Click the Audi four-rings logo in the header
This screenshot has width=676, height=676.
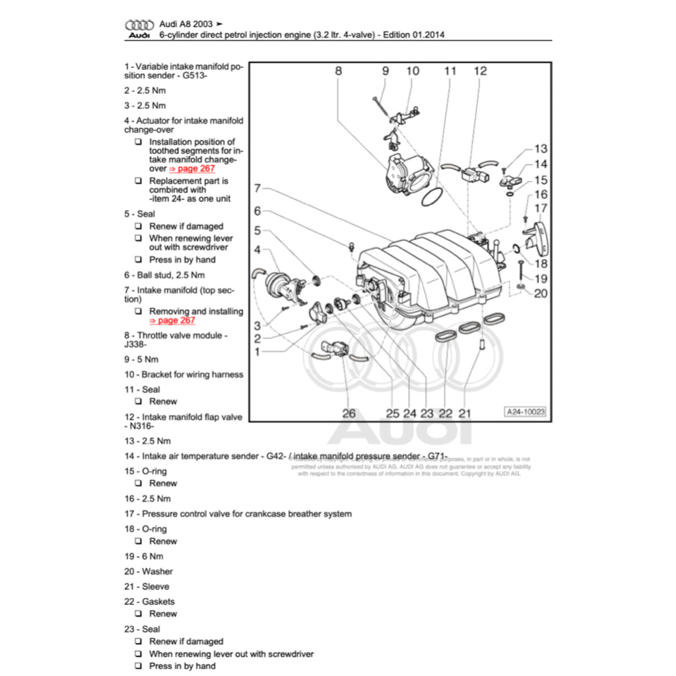(139, 24)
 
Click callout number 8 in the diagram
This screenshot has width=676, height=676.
(339, 71)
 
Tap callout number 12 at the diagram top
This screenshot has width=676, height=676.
(480, 71)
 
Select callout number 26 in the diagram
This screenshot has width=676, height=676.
(349, 413)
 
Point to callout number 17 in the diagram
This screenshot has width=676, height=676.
(541, 209)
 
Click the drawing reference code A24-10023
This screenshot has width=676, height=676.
(526, 411)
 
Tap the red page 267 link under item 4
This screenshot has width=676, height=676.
(192, 168)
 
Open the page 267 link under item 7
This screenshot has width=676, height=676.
(172, 320)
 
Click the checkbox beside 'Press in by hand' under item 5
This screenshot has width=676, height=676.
(138, 259)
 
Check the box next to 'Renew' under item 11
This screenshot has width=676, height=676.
(138, 401)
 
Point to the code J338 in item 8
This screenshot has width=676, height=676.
(135, 344)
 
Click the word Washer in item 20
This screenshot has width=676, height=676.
(157, 571)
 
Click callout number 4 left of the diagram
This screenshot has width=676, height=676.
(257, 250)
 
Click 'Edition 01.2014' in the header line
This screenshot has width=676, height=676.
(412, 34)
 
